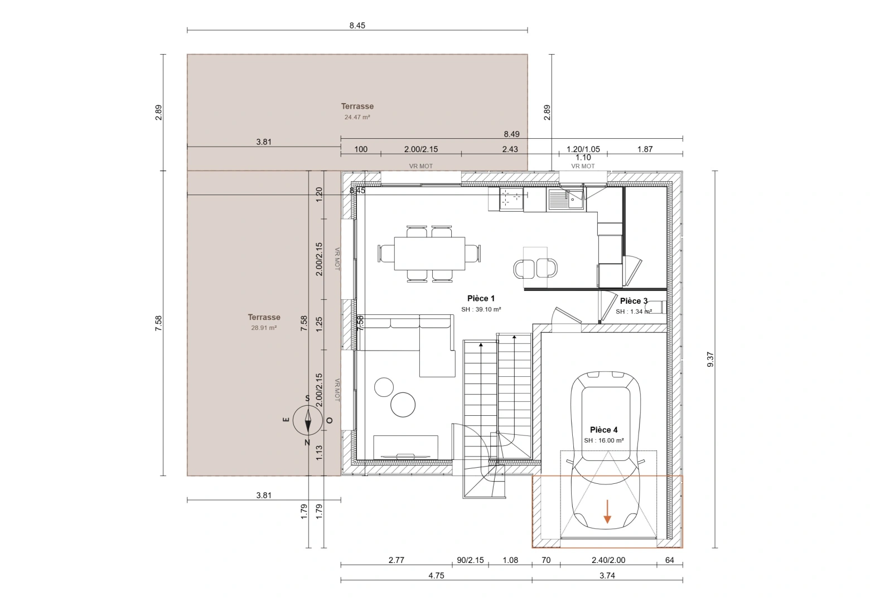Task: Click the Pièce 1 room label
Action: [x=481, y=299]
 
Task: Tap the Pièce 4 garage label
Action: [x=603, y=430]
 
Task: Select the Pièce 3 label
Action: [x=634, y=301]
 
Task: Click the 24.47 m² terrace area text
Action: [x=357, y=118]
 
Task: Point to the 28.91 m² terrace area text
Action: [x=264, y=328]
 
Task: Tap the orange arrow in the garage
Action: [x=607, y=512]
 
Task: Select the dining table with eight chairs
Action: [x=429, y=254]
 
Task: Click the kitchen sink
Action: [x=565, y=199]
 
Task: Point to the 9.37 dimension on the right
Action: [x=710, y=360]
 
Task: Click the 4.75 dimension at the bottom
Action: [x=436, y=576]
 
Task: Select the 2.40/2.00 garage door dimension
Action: [x=608, y=560]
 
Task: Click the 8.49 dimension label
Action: [x=511, y=134]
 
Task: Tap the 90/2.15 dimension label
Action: [x=470, y=560]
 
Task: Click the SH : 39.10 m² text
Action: [x=481, y=310]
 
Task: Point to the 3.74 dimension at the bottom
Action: [x=607, y=576]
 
